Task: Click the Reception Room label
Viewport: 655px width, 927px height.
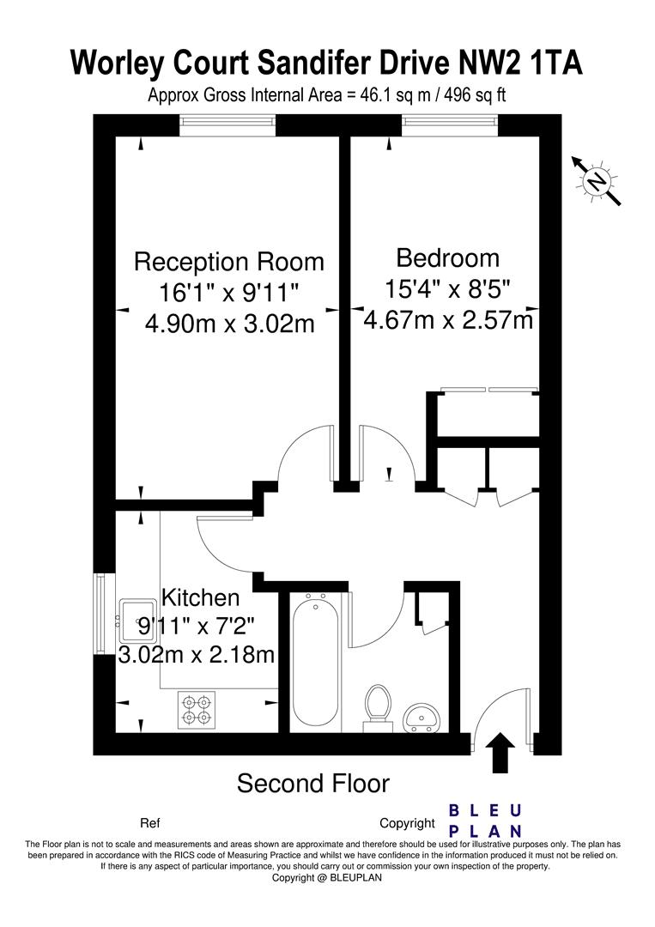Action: tap(229, 262)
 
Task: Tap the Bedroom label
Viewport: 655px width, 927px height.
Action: tap(447, 257)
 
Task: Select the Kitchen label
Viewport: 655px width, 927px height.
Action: tap(201, 597)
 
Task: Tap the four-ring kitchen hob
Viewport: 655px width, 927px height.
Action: tap(197, 710)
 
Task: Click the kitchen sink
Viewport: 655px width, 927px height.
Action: tap(136, 621)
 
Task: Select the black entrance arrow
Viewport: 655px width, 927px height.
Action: tap(500, 753)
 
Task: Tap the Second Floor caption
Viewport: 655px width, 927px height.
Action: tap(312, 784)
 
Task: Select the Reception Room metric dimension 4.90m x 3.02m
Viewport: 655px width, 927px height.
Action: tap(229, 324)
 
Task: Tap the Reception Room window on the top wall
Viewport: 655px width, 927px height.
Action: tap(228, 125)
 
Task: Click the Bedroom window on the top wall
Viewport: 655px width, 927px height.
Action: tap(450, 125)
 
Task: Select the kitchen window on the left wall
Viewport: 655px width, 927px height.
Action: tap(100, 614)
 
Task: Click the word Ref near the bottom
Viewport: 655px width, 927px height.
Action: tap(149, 823)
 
